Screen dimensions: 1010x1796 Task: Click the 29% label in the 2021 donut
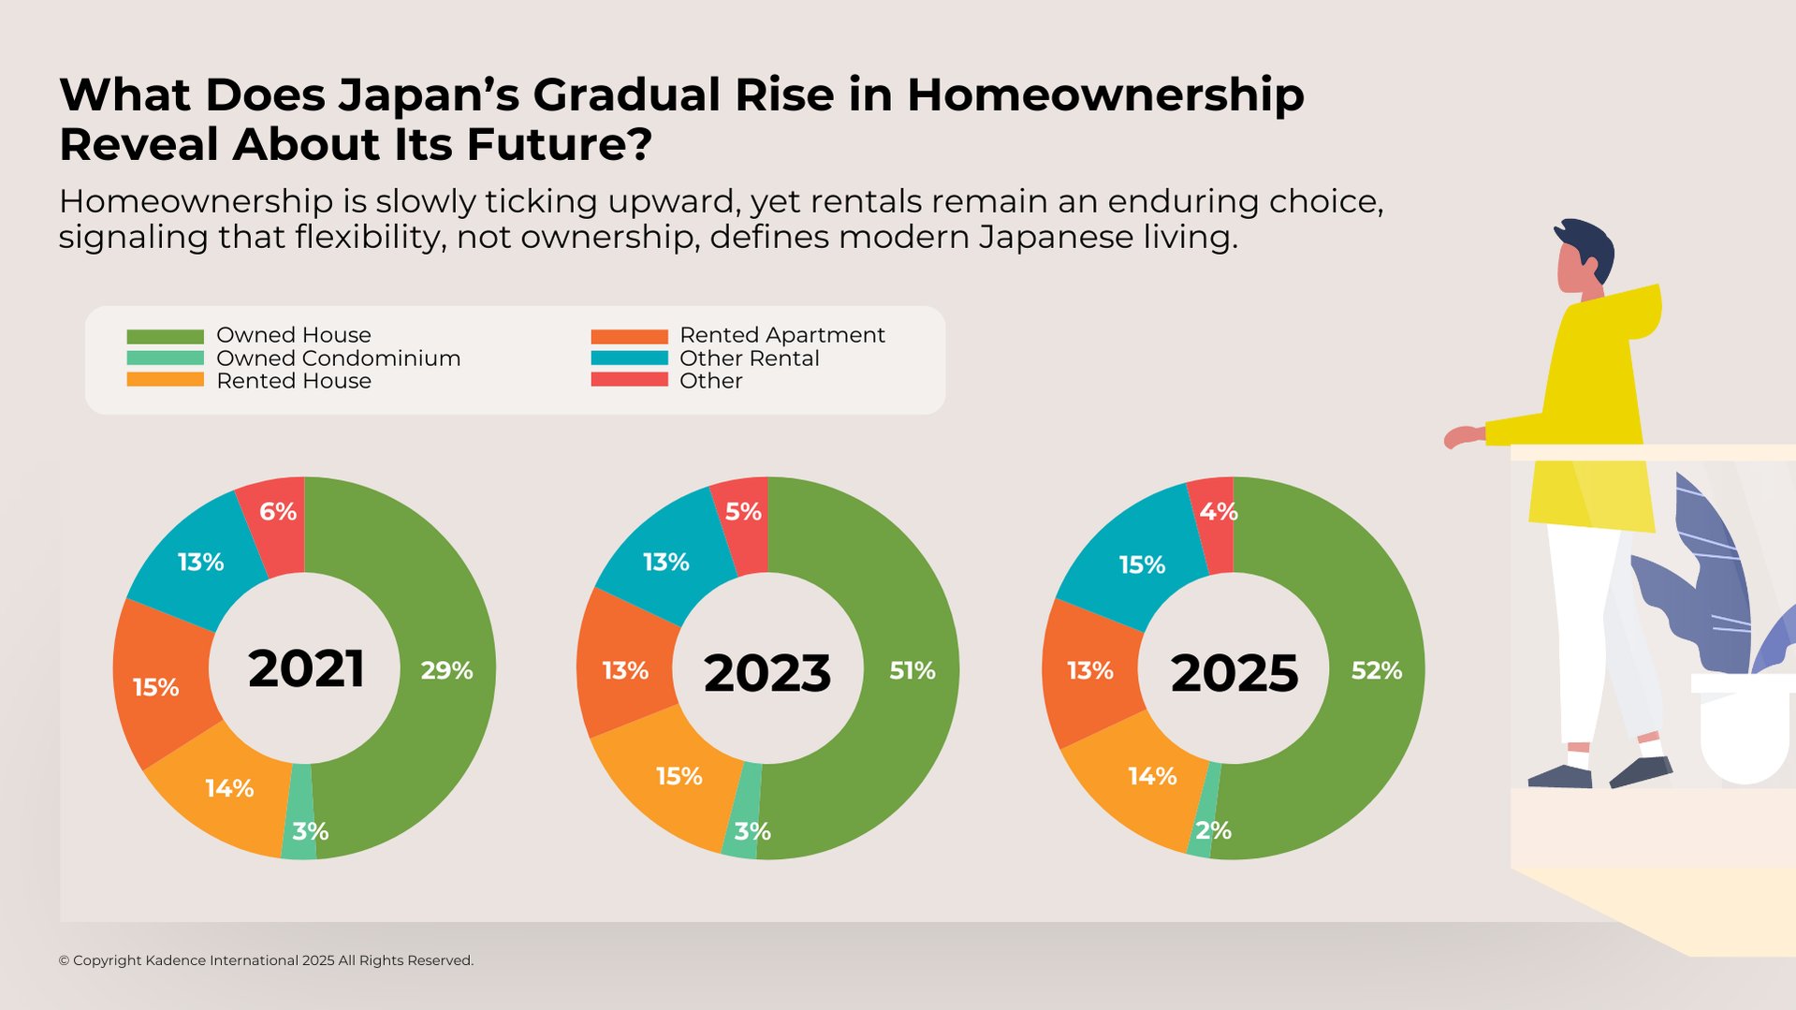(445, 670)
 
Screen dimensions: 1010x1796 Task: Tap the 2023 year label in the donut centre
(767, 672)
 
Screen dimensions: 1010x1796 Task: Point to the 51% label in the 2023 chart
(912, 670)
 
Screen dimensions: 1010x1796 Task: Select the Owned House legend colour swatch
(165, 336)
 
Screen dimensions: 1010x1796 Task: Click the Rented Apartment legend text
(781, 335)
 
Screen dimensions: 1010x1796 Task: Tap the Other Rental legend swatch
(629, 359)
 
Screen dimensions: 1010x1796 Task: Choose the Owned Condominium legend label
(338, 359)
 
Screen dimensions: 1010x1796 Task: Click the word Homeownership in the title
(1104, 95)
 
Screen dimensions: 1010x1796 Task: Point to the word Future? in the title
(559, 144)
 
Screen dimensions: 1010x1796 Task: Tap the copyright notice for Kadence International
(266, 960)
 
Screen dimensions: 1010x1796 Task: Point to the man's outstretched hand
(1460, 436)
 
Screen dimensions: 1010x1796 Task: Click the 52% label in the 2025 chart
(1376, 670)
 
